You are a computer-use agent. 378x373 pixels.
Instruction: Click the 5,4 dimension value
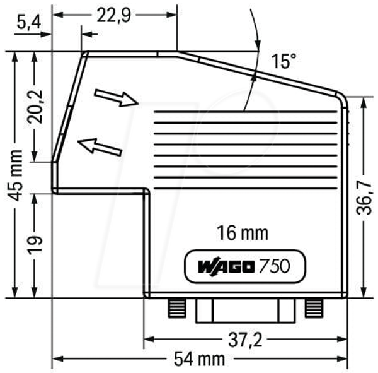click(x=29, y=23)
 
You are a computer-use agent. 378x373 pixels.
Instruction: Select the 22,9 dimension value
click(x=114, y=15)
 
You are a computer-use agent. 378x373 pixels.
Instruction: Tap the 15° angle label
click(x=283, y=61)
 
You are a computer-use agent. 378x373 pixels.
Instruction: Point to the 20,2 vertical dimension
click(x=35, y=107)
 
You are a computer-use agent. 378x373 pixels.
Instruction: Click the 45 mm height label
click(x=15, y=175)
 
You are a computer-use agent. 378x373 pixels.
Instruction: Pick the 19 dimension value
click(x=35, y=246)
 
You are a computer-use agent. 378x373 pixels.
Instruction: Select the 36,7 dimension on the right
click(x=364, y=198)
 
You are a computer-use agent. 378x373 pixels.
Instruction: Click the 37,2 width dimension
click(x=245, y=340)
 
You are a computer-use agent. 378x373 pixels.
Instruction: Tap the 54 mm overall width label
click(x=199, y=359)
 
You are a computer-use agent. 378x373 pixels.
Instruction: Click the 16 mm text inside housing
click(x=243, y=233)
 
